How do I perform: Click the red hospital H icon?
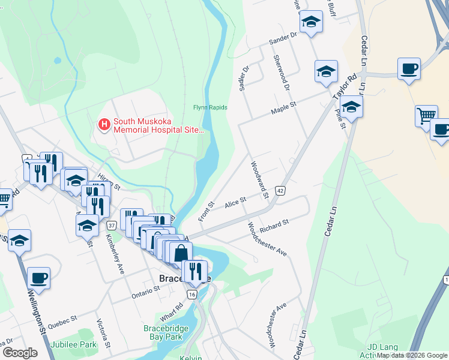[104, 124]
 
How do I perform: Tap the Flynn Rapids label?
[210, 107]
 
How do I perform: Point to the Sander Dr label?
[283, 38]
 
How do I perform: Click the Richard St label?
[274, 225]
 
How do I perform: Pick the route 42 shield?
[280, 190]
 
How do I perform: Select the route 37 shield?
[112, 225]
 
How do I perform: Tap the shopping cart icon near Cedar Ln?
[426, 115]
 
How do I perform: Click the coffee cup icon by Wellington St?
[38, 278]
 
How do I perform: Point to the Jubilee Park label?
[74, 345]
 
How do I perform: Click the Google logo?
[19, 353]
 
